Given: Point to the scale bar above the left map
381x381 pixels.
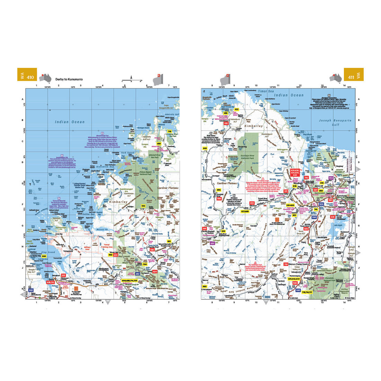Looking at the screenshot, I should point(131,80).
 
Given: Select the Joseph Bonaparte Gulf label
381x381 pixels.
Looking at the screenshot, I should point(335,123).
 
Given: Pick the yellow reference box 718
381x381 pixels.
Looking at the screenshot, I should point(169,132).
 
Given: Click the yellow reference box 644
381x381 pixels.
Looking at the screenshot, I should point(44,256).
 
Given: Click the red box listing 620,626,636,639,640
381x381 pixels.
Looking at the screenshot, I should point(295,172).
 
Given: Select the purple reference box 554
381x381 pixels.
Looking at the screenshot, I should point(331,178).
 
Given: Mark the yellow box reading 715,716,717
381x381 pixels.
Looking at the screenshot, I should point(307,292).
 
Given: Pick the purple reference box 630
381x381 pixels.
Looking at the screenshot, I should point(212,243).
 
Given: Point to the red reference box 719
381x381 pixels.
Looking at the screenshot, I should point(286,264).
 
